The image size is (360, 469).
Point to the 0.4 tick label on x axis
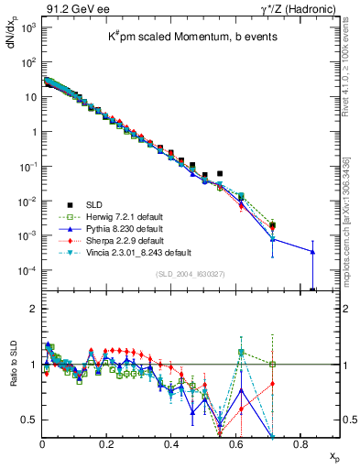(x=171, y=443)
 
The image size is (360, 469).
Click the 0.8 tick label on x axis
(x=300, y=443)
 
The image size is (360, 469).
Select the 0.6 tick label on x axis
(x=235, y=443)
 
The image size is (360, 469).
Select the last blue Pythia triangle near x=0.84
(x=313, y=252)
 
